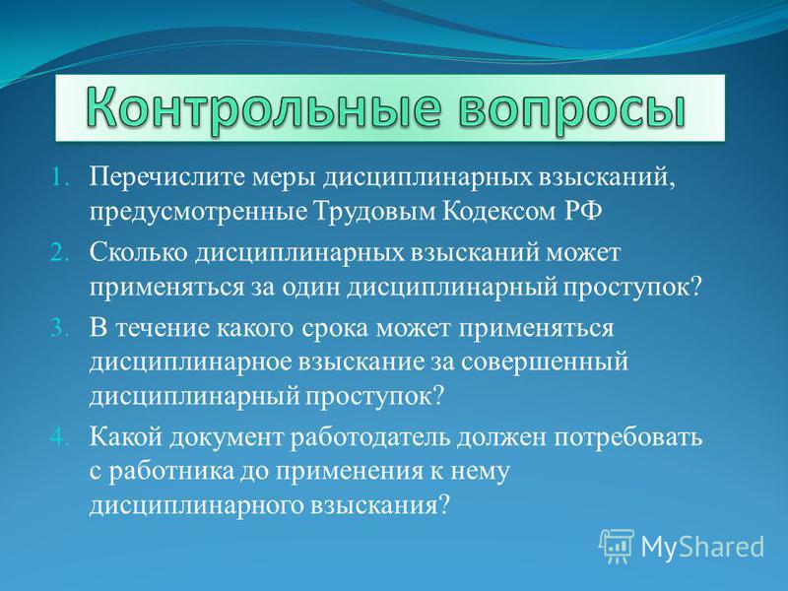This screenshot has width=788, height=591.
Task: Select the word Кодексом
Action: coord(499,212)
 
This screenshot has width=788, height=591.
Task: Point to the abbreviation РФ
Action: coord(583,212)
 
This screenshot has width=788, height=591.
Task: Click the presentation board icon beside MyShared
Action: coord(617,547)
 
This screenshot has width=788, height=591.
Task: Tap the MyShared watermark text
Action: coord(702,547)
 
